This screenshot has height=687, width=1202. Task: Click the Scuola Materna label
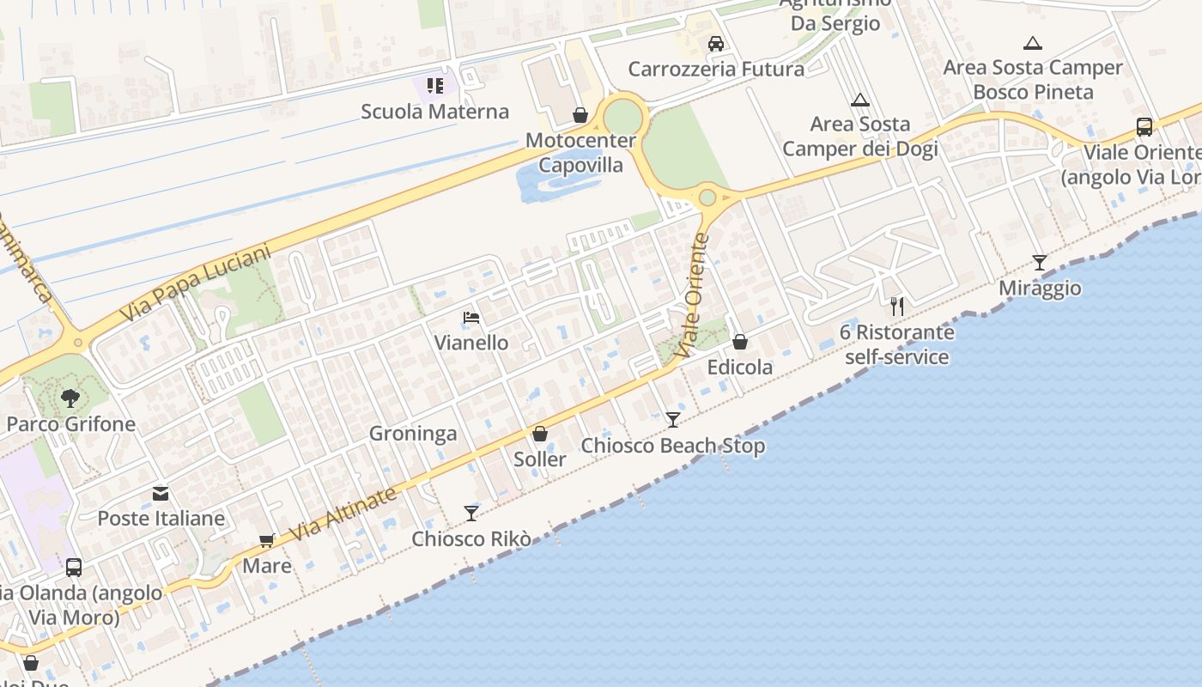click(434, 112)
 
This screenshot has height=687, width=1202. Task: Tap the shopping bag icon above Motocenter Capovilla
click(580, 115)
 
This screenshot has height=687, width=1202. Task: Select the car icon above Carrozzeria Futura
click(715, 44)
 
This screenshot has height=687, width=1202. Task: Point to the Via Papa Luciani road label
click(195, 283)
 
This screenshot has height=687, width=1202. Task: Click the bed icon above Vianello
click(470, 319)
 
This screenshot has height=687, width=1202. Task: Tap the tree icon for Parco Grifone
click(70, 398)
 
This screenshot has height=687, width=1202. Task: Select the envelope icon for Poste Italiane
click(161, 494)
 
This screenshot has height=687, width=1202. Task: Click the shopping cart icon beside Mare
click(266, 541)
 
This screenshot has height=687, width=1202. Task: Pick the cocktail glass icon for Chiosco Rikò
click(471, 514)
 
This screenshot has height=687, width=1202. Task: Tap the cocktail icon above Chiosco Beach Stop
click(673, 420)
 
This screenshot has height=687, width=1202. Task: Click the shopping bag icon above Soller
click(540, 435)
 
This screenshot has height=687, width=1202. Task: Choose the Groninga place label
click(413, 434)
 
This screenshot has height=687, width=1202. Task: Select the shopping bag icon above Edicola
click(740, 343)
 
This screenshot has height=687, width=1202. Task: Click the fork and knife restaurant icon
click(897, 307)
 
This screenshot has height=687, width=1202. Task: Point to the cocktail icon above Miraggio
click(1040, 263)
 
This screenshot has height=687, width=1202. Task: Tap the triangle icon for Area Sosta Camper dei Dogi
click(860, 100)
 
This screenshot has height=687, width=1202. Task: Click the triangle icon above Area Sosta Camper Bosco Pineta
click(1033, 43)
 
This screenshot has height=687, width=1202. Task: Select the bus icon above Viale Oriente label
click(1144, 128)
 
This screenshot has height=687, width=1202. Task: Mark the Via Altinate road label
click(343, 514)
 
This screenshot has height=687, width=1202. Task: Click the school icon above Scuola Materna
click(435, 86)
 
